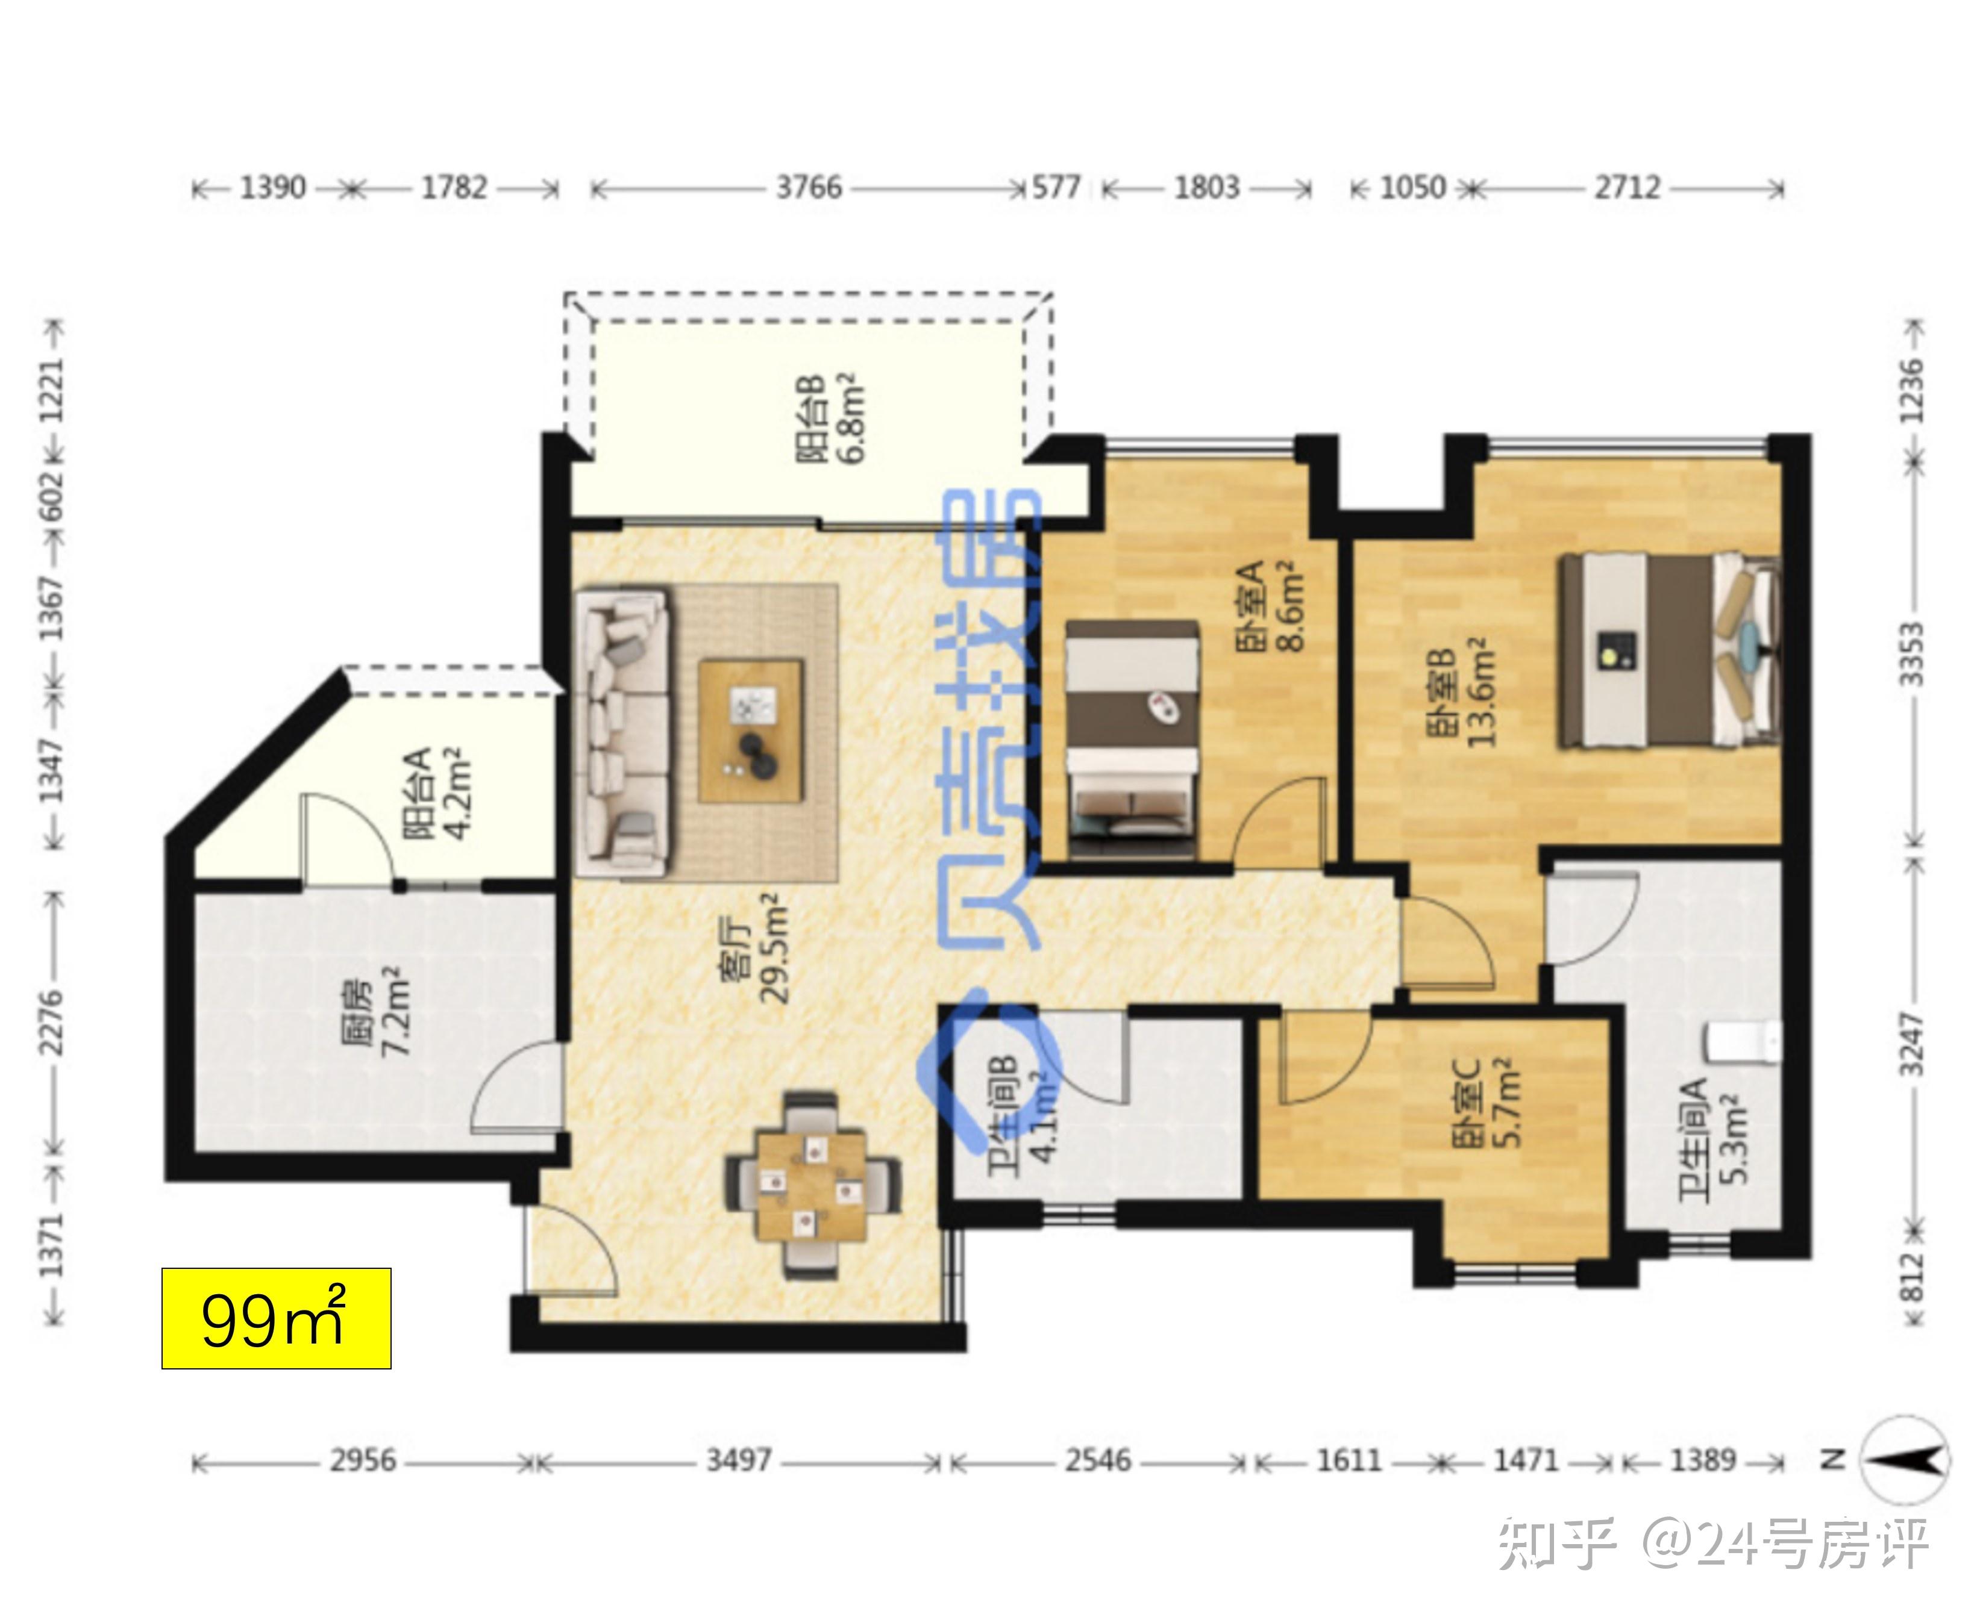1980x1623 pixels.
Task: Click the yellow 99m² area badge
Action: (276, 1318)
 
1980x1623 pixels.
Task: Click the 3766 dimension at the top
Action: (809, 188)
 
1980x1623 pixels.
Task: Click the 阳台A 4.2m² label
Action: (436, 793)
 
